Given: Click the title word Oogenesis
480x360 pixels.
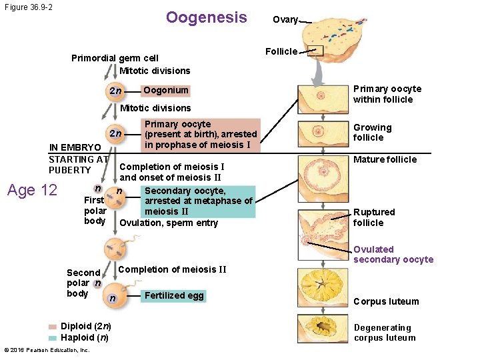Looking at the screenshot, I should (x=206, y=17).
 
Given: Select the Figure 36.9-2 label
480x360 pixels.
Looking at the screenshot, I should (x=28, y=7).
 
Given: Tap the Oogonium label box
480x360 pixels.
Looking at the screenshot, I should (x=166, y=90).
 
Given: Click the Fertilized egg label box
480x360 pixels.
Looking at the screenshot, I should (x=174, y=296).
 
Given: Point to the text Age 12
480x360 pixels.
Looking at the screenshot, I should (x=32, y=190).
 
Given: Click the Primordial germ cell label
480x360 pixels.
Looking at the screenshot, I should (x=115, y=58).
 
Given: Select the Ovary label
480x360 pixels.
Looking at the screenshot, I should (x=285, y=20).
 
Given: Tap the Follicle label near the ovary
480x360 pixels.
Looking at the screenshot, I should (x=281, y=51).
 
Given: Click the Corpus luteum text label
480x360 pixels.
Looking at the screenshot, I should (x=386, y=301).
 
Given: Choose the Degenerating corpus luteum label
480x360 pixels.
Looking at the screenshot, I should (x=384, y=333).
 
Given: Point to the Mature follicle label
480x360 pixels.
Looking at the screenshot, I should (x=385, y=159).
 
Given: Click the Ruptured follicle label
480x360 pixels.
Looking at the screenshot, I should (x=374, y=217).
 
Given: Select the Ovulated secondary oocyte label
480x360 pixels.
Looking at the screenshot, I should (x=393, y=255).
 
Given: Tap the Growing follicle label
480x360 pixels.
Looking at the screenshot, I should (x=372, y=133).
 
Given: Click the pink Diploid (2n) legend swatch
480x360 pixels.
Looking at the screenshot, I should (x=53, y=327).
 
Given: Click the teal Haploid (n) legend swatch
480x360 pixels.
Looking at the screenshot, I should (x=53, y=337).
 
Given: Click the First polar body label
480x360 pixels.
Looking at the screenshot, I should (x=94, y=210).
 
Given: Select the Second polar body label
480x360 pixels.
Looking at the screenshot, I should (x=83, y=283).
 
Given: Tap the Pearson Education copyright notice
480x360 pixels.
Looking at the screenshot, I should (x=47, y=350).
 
